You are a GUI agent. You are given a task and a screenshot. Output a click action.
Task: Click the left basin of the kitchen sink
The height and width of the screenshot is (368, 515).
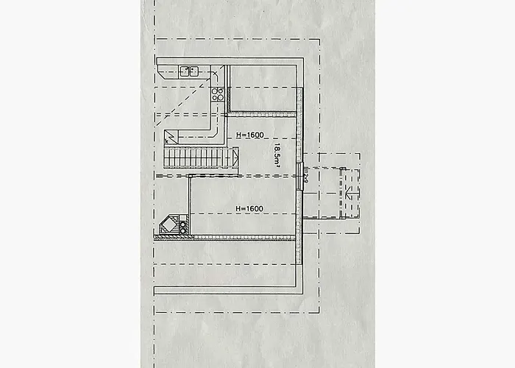[x=185, y=71]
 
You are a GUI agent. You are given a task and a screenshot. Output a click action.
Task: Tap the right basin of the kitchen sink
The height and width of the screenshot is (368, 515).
[x=194, y=71]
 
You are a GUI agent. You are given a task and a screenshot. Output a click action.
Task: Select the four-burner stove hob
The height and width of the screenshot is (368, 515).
[x=218, y=93]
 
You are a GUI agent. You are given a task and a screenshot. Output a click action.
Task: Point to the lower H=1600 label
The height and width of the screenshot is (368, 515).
[x=249, y=209]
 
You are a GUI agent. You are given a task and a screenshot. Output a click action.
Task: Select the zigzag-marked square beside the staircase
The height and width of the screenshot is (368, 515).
[x=171, y=136]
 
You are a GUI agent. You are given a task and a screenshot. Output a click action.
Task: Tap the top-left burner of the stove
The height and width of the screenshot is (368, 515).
[x=216, y=91]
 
